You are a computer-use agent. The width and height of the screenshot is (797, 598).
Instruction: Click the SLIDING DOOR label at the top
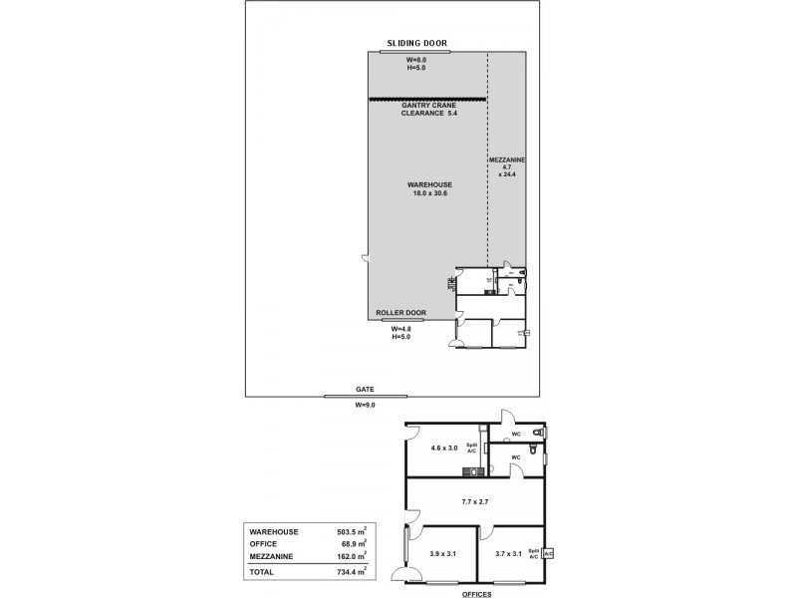coord(417,44)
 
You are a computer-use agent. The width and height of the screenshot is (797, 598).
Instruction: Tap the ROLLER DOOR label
coord(401,313)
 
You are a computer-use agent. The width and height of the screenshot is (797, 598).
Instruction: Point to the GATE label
coord(365,389)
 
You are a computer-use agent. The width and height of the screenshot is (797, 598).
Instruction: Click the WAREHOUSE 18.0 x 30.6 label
coord(429,188)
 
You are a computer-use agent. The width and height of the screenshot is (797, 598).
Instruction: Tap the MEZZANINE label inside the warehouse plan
coord(507,159)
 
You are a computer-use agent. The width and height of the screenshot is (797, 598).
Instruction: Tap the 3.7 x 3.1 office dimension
coord(508,553)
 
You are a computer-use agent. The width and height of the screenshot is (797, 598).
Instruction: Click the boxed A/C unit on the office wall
coord(549,553)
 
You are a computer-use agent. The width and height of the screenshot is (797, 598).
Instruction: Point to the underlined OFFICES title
coord(476,593)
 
